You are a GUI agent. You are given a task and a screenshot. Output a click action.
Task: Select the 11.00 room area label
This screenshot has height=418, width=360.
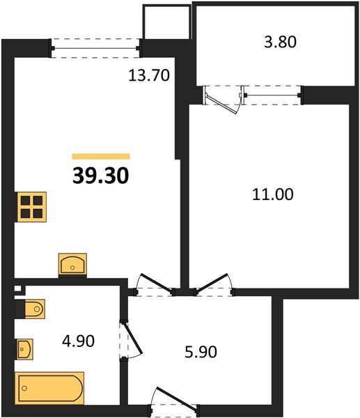(272, 194)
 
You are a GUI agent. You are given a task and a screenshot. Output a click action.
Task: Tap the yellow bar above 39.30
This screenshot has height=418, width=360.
(101, 157)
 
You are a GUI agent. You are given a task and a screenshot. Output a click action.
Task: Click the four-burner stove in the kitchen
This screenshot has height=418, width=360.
(32, 206)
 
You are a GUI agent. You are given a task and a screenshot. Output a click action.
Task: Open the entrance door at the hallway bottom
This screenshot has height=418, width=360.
(176, 401)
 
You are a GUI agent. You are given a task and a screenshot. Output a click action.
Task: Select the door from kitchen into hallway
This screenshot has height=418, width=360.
(154, 284)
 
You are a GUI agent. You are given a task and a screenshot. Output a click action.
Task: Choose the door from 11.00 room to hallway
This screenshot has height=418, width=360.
(214, 284)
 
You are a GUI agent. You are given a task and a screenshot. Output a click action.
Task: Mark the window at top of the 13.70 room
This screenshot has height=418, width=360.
(96, 47)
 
